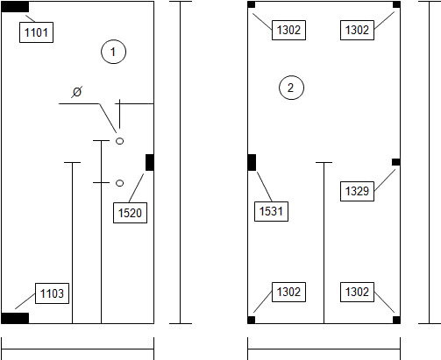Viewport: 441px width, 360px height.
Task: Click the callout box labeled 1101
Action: (36, 32)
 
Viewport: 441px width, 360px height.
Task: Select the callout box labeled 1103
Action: (52, 293)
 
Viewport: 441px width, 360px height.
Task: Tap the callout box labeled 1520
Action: (130, 213)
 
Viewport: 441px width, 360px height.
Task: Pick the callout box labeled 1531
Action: (271, 211)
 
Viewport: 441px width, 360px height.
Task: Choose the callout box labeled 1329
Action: (357, 191)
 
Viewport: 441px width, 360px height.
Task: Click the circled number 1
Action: (114, 52)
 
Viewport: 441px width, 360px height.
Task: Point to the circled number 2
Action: (291, 88)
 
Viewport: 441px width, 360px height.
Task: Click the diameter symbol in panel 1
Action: (77, 92)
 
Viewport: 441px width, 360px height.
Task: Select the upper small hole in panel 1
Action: (119, 141)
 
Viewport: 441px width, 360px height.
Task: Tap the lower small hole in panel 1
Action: (119, 183)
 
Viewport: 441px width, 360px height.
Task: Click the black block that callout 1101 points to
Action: (15, 7)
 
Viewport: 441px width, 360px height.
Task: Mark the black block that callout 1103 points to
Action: (15, 318)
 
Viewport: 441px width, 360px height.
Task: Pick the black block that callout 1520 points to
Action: (150, 162)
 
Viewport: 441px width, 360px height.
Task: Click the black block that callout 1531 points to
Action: (252, 162)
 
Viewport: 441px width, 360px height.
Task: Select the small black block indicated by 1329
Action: (396, 162)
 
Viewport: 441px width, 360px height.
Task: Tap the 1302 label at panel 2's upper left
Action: (288, 30)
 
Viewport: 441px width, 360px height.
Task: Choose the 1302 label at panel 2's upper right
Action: (357, 30)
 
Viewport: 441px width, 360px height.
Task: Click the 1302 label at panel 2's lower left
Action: (288, 292)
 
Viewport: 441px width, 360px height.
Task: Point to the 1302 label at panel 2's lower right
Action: (357, 292)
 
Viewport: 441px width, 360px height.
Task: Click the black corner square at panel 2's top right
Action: (396, 4)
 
